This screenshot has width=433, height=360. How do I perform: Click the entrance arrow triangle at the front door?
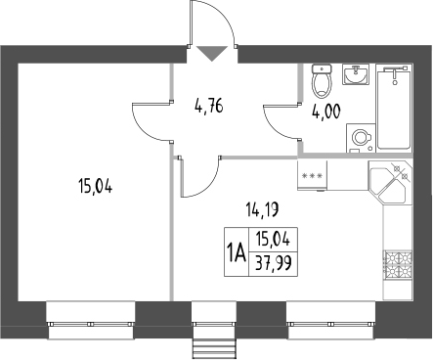coord(209,54)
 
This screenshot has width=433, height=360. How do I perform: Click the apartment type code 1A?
coord(236,249)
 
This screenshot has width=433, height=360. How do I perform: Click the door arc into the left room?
coord(152,119)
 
